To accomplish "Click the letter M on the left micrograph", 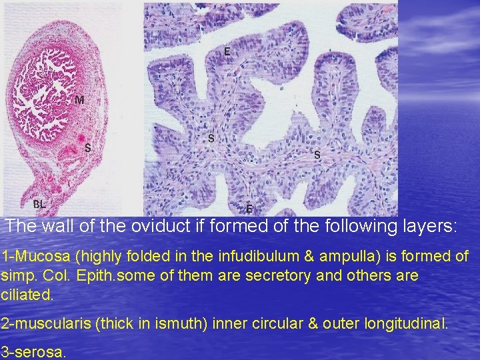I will coord(79,100).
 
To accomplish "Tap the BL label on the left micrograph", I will coord(39,204).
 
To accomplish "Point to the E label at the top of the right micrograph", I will coord(227,51).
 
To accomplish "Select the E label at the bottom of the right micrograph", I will coord(249,207).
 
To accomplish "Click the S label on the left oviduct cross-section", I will coord(87,148).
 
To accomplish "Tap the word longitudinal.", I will coord(406,324).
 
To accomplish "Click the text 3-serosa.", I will coord(33,352).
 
